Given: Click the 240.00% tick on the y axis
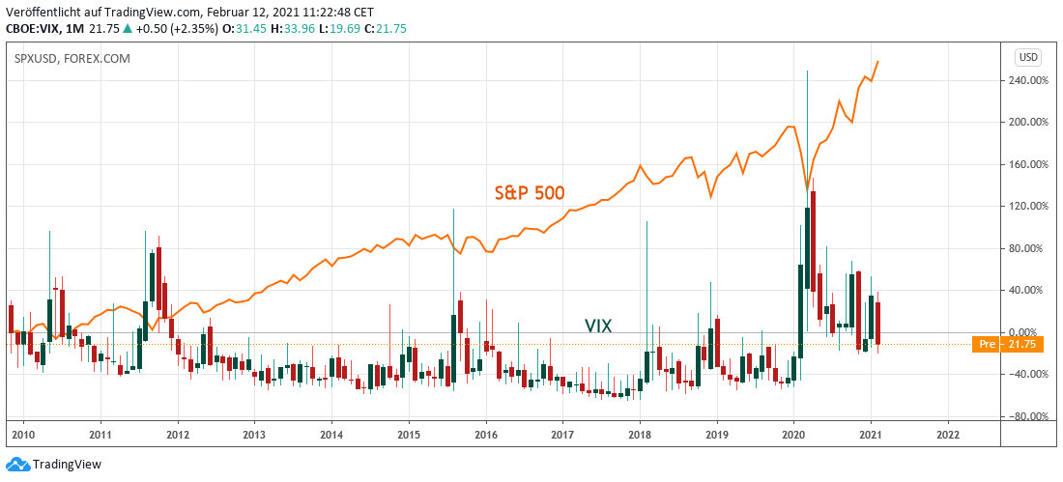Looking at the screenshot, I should click(x=1026, y=80).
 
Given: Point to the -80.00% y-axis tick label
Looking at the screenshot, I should click(x=1026, y=416).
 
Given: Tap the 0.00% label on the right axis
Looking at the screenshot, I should click(x=1028, y=332).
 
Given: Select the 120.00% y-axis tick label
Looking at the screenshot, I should click(x=1026, y=207).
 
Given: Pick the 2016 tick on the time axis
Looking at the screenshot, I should click(x=485, y=435).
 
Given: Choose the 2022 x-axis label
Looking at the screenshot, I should click(x=948, y=435).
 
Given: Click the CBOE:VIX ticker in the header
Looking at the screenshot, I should click(x=35, y=29).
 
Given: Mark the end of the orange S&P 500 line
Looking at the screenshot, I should click(x=877, y=62).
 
